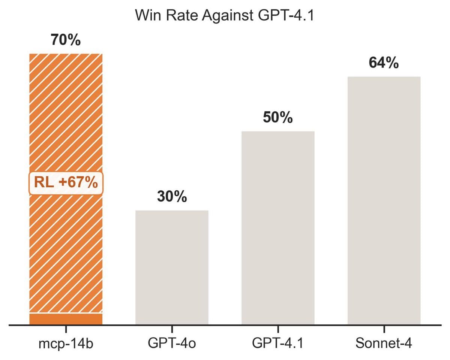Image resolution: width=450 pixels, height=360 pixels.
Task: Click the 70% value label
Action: coord(66,40)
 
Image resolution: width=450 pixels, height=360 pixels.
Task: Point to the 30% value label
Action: coord(172,196)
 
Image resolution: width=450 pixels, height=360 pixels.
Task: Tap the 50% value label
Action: coord(278,118)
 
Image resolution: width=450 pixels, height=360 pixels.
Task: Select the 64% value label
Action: coord(384,63)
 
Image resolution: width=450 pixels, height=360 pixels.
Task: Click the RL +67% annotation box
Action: coord(66,183)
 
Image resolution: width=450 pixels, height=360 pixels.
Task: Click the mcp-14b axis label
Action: coord(66,344)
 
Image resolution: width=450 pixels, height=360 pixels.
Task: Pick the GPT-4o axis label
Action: coord(172,344)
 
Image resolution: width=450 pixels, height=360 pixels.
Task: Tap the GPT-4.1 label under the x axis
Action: coord(278,344)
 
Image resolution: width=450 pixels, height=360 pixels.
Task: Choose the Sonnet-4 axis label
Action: coord(384,344)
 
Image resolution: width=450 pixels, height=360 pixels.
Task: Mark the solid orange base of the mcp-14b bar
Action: coord(66,319)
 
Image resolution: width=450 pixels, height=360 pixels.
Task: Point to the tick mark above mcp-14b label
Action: coord(66,329)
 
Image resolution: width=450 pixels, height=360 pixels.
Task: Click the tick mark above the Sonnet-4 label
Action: coord(384,329)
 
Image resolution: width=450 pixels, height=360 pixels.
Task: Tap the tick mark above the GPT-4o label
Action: coord(172,329)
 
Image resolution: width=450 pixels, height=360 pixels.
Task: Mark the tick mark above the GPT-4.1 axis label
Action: coord(278,329)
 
